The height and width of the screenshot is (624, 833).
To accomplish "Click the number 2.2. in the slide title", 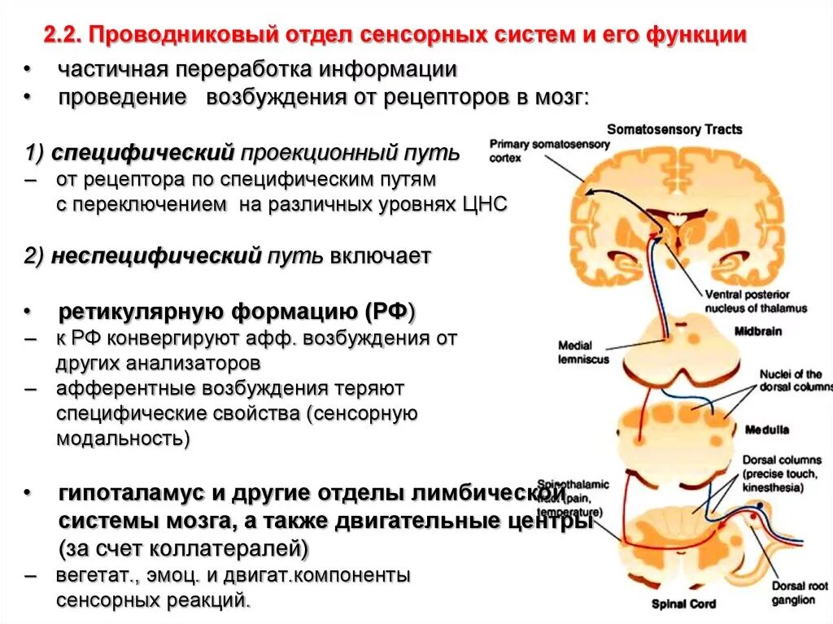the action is point(61,36).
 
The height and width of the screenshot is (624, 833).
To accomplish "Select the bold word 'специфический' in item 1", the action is point(142,152).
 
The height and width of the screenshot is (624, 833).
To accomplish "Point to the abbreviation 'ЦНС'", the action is point(486,205).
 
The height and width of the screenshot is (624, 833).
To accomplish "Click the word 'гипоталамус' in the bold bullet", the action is point(137,494).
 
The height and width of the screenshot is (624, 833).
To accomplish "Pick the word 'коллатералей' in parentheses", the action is point(230,549).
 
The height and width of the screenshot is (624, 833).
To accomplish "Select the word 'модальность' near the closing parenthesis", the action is point(119,439).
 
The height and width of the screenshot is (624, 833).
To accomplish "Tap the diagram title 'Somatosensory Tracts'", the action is point(674,129).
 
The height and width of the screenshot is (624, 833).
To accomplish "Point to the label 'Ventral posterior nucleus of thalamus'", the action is point(756,301).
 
